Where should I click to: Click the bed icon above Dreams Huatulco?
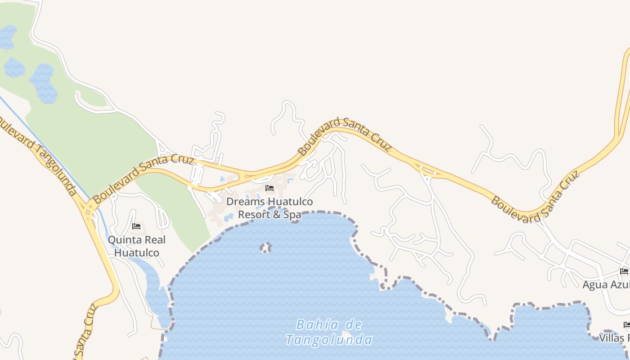[x=270, y=188]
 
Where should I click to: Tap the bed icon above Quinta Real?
[x=136, y=226]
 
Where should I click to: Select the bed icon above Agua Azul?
[x=624, y=271]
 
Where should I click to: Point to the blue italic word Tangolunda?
[x=329, y=340]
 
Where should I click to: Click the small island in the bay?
[x=266, y=248]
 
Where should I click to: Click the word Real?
[x=154, y=240]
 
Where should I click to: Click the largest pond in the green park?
[x=43, y=83]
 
